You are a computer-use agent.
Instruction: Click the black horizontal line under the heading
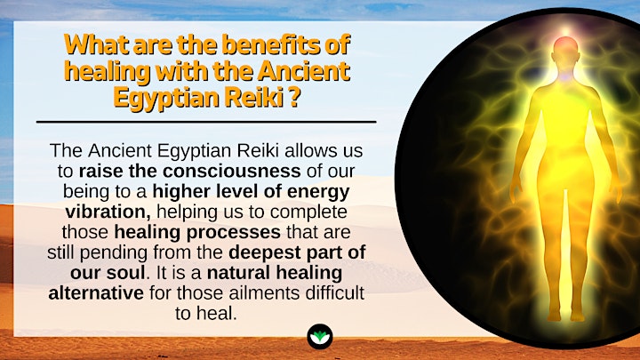[206, 122]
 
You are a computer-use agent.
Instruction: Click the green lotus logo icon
[320, 337]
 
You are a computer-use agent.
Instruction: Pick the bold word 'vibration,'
[108, 212]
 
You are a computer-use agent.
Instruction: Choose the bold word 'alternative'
[96, 293]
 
